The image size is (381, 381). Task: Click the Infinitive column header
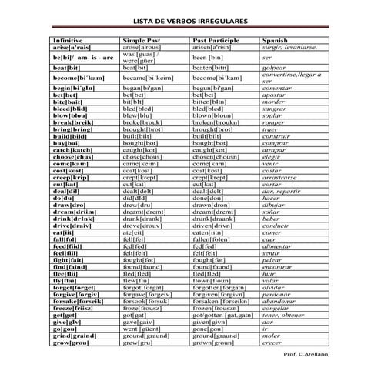pyautogui.click(x=68, y=40)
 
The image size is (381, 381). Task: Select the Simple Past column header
pyautogui.click(x=141, y=40)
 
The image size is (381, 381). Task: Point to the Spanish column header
pyautogui.click(x=275, y=40)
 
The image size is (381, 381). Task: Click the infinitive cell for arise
pyautogui.click(x=73, y=47)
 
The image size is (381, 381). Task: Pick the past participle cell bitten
pyautogui.click(x=210, y=102)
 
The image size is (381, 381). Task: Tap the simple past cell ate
pyautogui.click(x=133, y=233)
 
